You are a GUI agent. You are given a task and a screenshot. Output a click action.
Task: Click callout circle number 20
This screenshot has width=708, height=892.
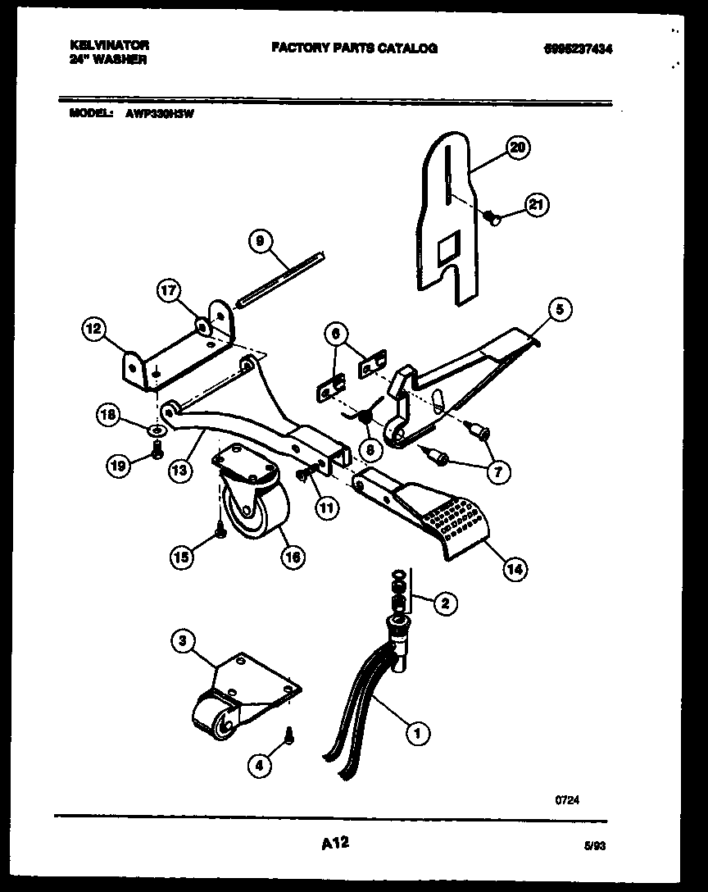coord(518,148)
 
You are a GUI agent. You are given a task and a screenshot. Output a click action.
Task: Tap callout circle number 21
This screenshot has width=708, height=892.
coord(537,205)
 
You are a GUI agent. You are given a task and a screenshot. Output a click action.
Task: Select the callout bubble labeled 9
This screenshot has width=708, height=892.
coord(260,241)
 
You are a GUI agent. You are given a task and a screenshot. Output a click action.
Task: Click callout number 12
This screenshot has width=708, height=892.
coord(93,330)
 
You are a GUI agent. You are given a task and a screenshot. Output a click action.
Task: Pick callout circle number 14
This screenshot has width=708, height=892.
coord(514,568)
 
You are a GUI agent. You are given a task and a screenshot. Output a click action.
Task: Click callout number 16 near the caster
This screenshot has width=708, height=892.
coord(293,557)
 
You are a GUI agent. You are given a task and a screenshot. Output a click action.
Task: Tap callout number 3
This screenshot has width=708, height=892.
coord(184,641)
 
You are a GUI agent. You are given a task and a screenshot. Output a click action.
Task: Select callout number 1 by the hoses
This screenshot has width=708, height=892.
coord(418,733)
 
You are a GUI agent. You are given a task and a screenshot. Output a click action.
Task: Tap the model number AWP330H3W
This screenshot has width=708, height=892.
coord(160,114)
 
